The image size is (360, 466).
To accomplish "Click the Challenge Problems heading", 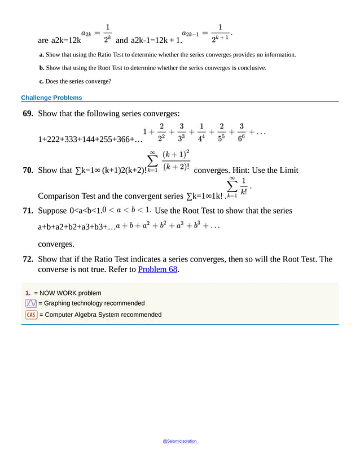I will (51, 98).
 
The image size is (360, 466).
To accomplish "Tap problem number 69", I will (28, 114).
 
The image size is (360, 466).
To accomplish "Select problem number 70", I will (28, 170).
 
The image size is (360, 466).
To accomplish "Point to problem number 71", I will (28, 211).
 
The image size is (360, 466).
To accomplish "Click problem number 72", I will (28, 259).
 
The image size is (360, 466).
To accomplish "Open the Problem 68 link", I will (158, 269).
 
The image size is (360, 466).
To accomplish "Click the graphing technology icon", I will (31, 303).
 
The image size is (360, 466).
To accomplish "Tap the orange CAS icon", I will (31, 315).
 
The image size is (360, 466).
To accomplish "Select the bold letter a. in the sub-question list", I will (42, 55).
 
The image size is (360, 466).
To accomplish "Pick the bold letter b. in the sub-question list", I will (42, 68).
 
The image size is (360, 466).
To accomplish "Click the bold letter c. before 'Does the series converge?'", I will (42, 81).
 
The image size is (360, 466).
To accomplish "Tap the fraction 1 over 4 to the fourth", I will (201, 133).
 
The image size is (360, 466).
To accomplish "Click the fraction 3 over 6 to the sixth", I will (242, 133).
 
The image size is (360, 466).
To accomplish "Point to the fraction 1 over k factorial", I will (243, 186).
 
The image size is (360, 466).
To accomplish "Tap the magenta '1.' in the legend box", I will (28, 293).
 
